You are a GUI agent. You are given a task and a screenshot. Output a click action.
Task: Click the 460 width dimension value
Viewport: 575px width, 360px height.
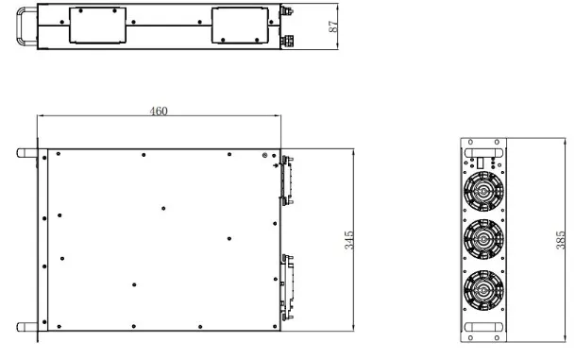(159, 111)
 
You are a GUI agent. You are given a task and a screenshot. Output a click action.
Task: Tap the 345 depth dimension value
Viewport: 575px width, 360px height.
(349, 240)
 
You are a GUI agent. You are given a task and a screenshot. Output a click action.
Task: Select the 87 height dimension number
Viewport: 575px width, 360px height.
(333, 26)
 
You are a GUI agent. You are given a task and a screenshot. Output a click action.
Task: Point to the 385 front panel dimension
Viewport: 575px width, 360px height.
(561, 240)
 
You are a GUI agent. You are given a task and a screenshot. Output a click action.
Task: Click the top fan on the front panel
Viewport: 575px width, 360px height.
(483, 191)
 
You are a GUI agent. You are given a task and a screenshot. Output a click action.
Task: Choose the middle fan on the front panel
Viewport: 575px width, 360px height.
(483, 239)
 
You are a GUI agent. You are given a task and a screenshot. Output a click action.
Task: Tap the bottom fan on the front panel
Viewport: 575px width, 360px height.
(483, 290)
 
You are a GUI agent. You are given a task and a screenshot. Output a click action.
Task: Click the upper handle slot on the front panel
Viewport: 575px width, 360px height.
(483, 153)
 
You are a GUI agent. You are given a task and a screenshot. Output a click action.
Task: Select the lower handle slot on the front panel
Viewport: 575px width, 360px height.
(483, 327)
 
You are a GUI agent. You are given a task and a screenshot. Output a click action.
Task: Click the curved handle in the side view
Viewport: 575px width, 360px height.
(18, 26)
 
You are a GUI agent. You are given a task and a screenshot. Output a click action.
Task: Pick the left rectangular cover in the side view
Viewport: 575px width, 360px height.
(97, 26)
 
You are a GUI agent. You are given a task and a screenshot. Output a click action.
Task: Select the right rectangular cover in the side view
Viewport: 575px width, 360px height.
(240, 26)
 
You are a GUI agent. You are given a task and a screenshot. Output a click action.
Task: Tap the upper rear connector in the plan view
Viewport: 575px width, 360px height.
(286, 180)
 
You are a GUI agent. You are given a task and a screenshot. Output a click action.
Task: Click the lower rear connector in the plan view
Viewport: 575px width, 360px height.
(287, 286)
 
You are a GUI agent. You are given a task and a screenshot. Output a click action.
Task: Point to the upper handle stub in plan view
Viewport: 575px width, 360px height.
(27, 153)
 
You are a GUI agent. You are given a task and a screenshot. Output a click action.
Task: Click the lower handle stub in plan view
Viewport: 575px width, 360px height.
(27, 327)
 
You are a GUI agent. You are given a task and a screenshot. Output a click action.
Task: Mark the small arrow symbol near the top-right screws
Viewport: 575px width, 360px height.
(276, 165)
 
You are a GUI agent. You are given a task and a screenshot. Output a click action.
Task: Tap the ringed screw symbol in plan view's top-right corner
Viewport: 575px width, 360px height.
(264, 156)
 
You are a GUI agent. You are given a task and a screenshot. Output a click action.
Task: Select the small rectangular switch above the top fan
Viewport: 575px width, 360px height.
(481, 163)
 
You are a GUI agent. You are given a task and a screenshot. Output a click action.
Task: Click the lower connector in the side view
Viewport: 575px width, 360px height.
(287, 41)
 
